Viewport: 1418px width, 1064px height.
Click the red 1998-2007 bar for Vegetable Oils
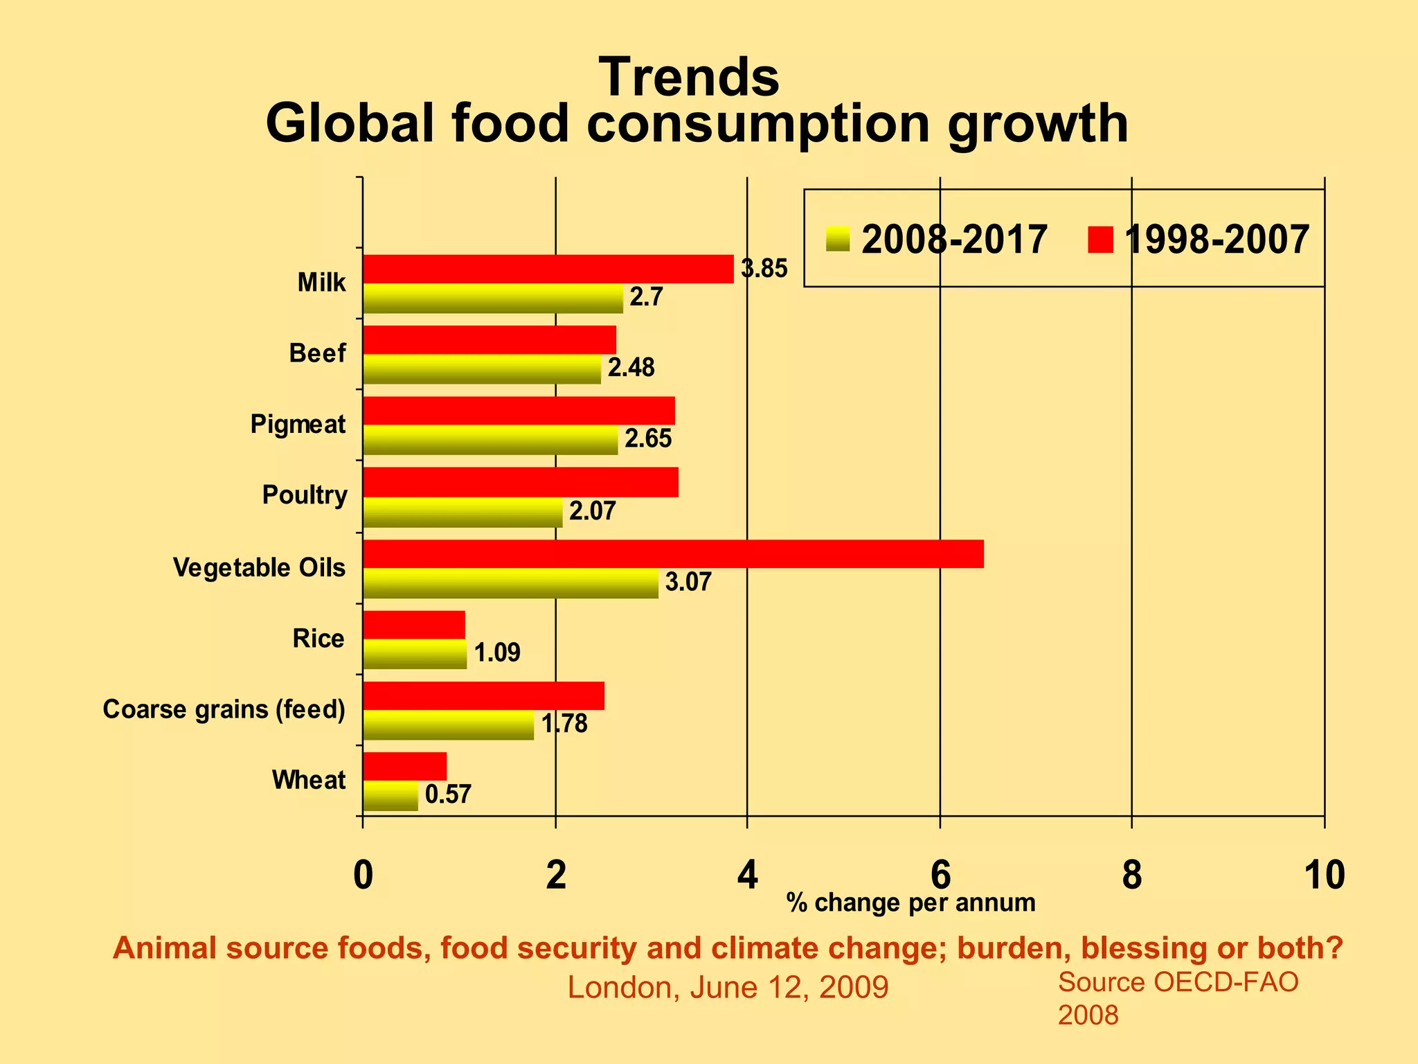click(x=673, y=553)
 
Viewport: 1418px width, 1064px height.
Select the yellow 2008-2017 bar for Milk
click(x=493, y=299)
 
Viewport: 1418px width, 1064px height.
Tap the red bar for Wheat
click(x=405, y=766)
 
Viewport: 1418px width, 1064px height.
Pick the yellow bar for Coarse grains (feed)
click(x=449, y=725)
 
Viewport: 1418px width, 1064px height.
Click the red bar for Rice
click(x=414, y=625)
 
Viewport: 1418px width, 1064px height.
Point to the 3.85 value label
click(x=764, y=269)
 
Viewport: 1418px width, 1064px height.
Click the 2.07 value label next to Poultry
click(x=592, y=511)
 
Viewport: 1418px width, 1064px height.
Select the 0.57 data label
click(x=448, y=794)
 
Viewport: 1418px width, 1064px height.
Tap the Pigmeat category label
click(x=298, y=424)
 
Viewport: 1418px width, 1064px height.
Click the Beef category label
click(x=317, y=353)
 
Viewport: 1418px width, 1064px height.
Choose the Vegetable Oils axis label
click(x=259, y=567)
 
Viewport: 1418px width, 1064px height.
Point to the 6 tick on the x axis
click(x=940, y=875)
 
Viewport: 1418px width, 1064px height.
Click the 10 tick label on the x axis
click(x=1324, y=875)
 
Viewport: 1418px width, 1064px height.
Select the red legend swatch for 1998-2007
click(x=1100, y=240)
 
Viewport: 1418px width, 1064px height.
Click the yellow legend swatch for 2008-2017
click(x=838, y=240)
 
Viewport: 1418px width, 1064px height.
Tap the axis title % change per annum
click(x=910, y=903)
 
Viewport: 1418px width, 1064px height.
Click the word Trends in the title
click(x=689, y=77)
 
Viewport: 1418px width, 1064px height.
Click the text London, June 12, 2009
click(x=728, y=987)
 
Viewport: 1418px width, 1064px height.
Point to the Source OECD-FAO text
click(x=1178, y=982)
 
